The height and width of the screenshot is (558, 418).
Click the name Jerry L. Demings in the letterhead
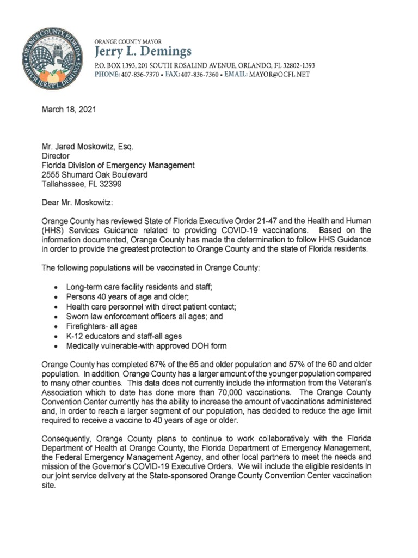(x=144, y=52)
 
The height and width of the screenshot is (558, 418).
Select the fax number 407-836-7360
(x=199, y=74)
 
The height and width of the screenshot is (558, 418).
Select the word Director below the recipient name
(x=55, y=156)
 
